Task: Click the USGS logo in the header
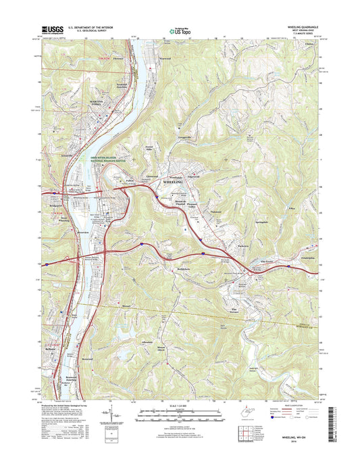(54, 30)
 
